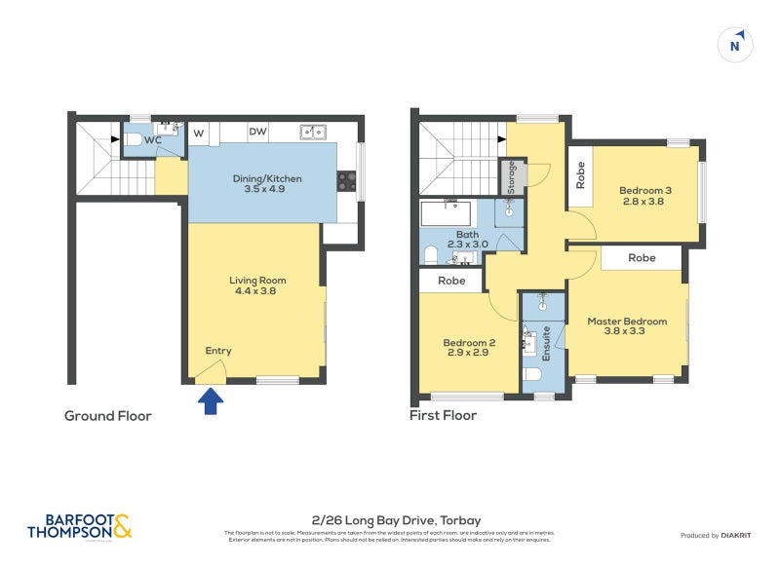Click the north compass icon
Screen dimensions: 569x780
click(737, 44)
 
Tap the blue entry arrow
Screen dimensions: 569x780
click(210, 400)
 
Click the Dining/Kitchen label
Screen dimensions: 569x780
click(266, 184)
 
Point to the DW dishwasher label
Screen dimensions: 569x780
click(257, 132)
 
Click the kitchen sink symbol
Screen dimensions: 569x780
click(313, 132)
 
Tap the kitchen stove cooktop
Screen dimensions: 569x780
click(346, 180)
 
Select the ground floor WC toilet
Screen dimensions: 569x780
click(134, 140)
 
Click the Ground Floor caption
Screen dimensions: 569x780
click(107, 416)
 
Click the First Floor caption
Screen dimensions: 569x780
click(443, 416)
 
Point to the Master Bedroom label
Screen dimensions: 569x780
click(627, 326)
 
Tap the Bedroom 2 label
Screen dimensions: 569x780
click(470, 348)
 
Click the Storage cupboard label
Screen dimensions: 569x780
click(511, 175)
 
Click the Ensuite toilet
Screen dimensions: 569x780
click(533, 374)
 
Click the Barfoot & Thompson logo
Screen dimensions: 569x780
click(79, 527)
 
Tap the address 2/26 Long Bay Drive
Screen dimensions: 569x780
click(389, 520)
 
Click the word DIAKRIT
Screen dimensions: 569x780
click(741, 536)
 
